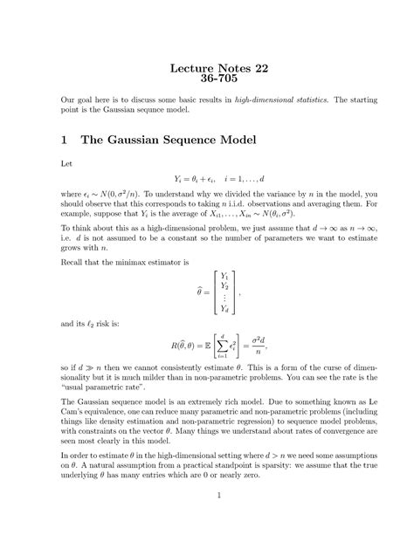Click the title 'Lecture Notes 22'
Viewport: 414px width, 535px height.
click(206, 70)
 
